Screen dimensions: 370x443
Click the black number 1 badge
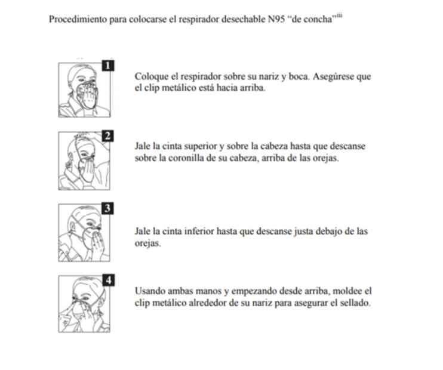(x=107, y=66)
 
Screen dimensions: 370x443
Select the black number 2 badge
(x=107, y=135)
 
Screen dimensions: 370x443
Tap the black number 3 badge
(x=107, y=208)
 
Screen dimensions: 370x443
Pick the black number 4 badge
(x=107, y=280)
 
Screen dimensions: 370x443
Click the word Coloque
(x=150, y=77)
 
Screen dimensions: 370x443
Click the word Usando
(x=150, y=291)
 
